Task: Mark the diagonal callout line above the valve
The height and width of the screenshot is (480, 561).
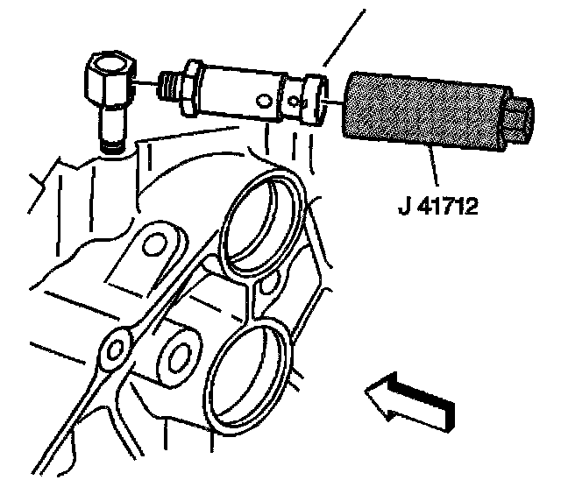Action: (342, 35)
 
